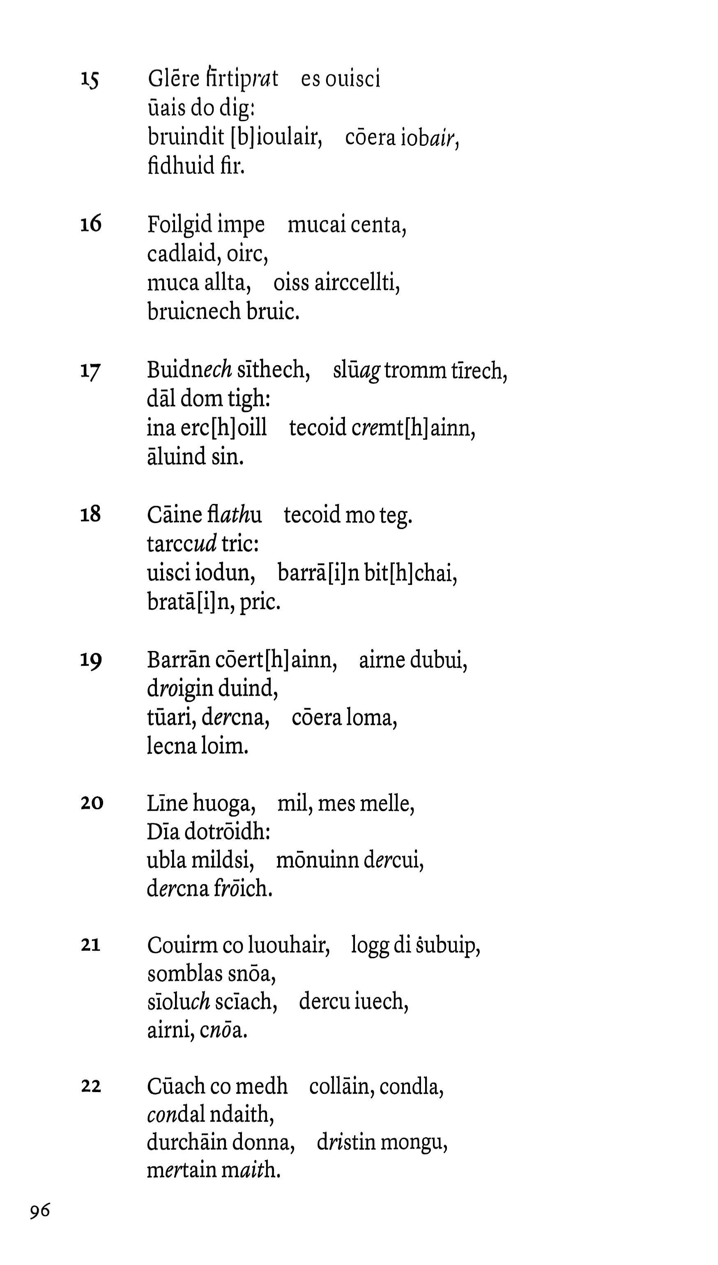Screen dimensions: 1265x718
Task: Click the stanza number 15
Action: tap(90, 79)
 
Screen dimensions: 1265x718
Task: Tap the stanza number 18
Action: tap(90, 515)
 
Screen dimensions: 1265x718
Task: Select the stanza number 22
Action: tap(91, 1086)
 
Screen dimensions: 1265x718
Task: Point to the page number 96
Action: tap(40, 1211)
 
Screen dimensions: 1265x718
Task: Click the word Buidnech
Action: tap(189, 370)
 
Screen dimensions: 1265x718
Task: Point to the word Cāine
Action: tap(175, 515)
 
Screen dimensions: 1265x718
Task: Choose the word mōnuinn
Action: tap(317, 861)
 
